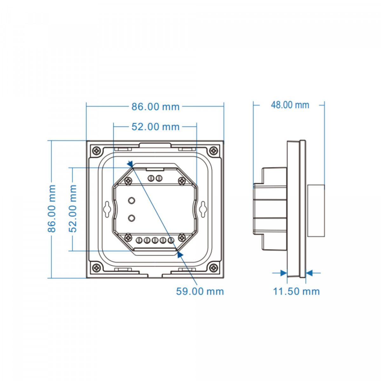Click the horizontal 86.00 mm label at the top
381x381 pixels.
[x=155, y=107]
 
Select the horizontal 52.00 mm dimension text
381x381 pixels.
[x=155, y=127]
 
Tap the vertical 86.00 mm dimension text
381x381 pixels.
[x=52, y=209]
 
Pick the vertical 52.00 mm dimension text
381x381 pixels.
[x=73, y=209]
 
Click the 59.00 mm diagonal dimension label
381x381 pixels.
[x=200, y=291]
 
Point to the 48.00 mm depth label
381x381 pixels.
[x=290, y=105]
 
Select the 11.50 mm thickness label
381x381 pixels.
[x=296, y=291]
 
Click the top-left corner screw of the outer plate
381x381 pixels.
[x=96, y=150]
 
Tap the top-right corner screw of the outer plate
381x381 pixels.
[x=214, y=150]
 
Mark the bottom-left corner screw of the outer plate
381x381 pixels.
[x=96, y=268]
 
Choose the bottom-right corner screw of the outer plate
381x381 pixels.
[x=214, y=268]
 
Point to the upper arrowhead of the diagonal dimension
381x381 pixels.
[x=130, y=164]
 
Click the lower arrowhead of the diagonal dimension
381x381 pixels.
[x=180, y=253]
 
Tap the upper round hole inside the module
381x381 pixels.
[x=131, y=200]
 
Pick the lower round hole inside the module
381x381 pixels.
[x=131, y=218]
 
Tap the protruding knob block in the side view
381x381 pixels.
[x=316, y=211]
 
